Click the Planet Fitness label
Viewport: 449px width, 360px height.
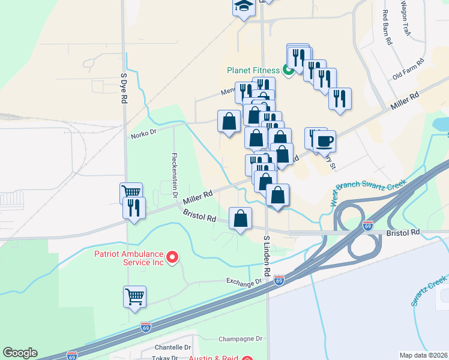(253, 70)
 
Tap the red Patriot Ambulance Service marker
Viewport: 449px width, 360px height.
(172, 258)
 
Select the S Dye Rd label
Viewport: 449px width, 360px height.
(124, 89)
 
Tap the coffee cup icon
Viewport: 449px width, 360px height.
(324, 142)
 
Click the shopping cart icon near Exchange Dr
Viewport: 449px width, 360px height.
(134, 296)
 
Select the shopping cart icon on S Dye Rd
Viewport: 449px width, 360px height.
(131, 193)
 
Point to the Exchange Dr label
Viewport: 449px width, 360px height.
(244, 281)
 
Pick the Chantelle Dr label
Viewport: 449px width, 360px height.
(172, 347)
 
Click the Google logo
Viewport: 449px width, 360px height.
(20, 353)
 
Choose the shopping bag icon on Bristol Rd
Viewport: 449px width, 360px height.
(240, 218)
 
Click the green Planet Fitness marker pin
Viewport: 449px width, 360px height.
(288, 71)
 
